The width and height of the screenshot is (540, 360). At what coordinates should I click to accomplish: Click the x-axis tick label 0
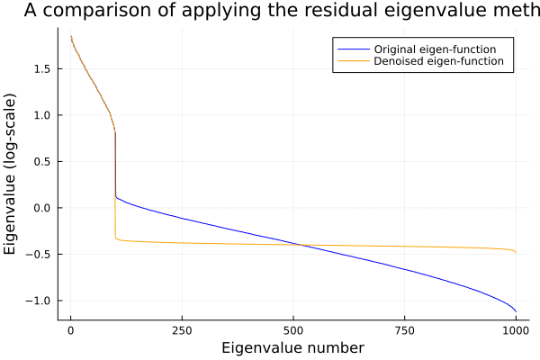(x=70, y=330)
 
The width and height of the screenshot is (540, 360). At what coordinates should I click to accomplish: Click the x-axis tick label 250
(x=182, y=330)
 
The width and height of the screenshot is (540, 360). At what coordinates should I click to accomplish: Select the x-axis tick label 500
(x=293, y=330)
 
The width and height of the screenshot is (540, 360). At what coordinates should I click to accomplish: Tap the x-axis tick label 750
(x=404, y=330)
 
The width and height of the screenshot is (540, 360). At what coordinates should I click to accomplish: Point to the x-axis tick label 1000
(x=516, y=330)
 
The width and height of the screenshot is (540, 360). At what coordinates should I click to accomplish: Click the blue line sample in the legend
(x=353, y=48)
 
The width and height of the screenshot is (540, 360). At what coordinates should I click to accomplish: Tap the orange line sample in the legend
(x=353, y=62)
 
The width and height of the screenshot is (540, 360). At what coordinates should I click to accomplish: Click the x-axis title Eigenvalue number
(x=293, y=347)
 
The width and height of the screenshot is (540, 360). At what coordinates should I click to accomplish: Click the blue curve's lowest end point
(x=516, y=311)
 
